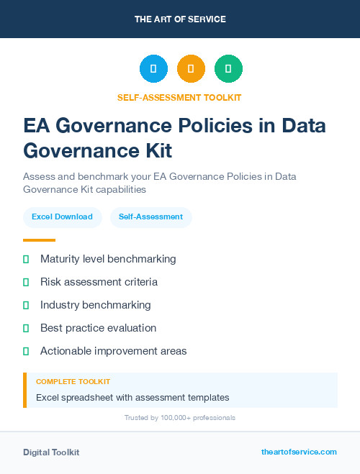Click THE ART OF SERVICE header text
[180, 19]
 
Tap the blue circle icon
[153, 69]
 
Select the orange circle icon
[191, 69]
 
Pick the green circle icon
[228, 69]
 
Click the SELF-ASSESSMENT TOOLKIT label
[179, 97]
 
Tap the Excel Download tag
[62, 217]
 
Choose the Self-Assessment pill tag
[150, 217]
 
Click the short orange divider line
[39, 240]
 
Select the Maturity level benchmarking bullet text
[108, 259]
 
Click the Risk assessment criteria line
[99, 282]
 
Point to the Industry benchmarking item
[96, 305]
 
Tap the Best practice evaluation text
[98, 328]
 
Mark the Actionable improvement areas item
[113, 351]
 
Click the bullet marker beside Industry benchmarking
[26, 305]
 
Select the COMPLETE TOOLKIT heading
[73, 382]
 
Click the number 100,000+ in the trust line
[175, 417]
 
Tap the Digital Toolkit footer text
[51, 452]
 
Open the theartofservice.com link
[299, 452]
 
